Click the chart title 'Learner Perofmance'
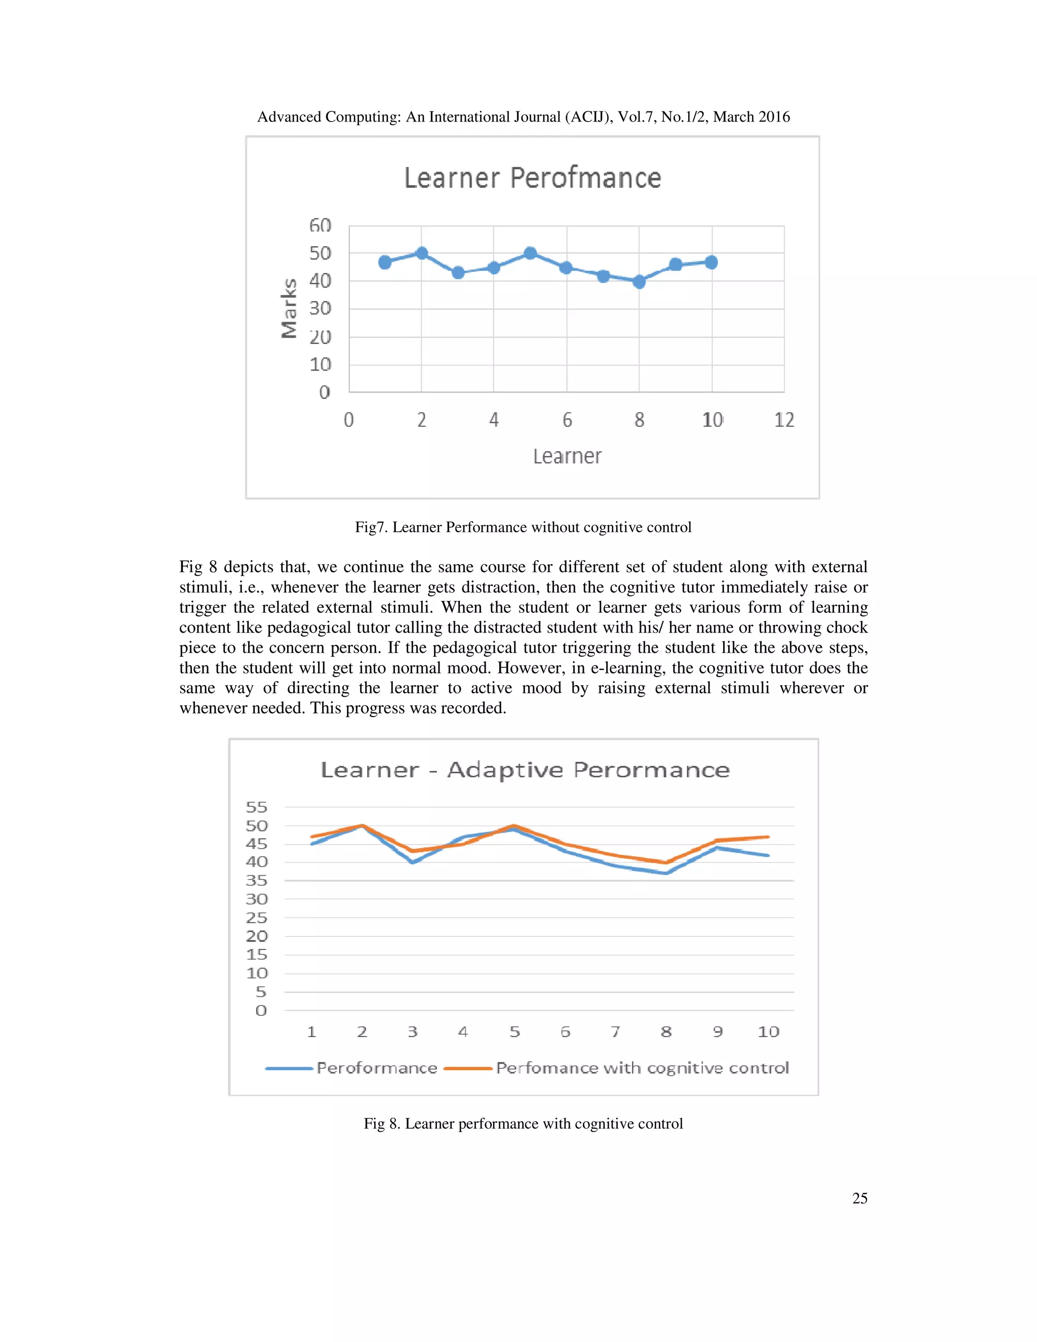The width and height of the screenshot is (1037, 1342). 532,178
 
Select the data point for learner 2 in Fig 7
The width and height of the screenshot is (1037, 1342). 421,253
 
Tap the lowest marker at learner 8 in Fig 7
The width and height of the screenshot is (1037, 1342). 639,282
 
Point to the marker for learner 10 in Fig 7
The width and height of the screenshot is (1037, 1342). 711,262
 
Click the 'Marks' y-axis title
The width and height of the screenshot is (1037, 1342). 289,308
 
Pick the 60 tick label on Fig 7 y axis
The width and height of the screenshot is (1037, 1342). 320,225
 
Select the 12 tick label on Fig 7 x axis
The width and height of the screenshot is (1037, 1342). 784,420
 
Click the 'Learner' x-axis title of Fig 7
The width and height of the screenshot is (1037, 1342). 567,457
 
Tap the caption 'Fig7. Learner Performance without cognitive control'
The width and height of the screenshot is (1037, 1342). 523,527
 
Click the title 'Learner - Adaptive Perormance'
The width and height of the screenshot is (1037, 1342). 525,770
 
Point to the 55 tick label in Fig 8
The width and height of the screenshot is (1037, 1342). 256,807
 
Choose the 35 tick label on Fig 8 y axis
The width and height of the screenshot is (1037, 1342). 256,881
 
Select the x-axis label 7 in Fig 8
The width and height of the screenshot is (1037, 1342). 615,1032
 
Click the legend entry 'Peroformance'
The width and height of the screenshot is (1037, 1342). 377,1068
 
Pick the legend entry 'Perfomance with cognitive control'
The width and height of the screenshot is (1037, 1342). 642,1068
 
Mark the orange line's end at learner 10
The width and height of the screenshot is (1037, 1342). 768,837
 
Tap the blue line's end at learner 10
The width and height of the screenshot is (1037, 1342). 768,855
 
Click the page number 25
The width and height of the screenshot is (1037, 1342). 859,1198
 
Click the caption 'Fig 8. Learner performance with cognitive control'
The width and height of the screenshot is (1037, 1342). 523,1123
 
